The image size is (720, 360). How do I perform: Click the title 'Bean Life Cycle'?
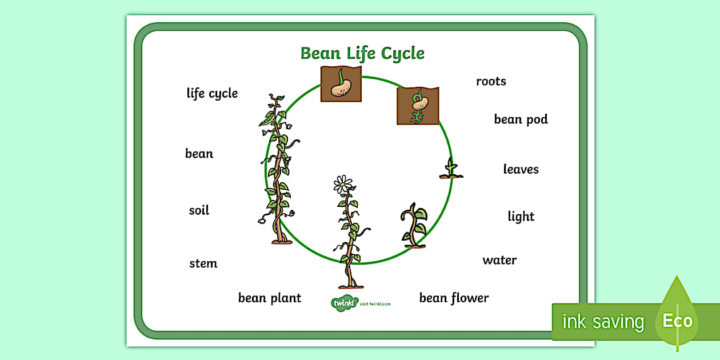point(362,54)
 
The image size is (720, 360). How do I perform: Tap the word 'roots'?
point(491,82)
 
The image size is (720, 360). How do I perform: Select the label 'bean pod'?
point(521,119)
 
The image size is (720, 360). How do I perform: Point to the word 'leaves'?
point(521,169)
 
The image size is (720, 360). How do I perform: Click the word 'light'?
point(521,217)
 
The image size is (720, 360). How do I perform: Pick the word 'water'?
point(499,261)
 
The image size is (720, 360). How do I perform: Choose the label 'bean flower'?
point(454,298)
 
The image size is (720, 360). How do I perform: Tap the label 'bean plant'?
point(269,298)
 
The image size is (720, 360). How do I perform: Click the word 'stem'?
point(203,263)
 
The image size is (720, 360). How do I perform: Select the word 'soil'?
point(199,210)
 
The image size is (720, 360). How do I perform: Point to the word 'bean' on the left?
point(199,154)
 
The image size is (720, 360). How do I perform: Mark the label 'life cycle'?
point(212,93)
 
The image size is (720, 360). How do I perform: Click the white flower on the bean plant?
point(343,184)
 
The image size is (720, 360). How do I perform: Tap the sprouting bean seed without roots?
point(341,84)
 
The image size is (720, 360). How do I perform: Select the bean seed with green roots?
point(418,106)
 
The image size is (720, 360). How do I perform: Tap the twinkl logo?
point(343,303)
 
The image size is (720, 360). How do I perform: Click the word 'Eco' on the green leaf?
point(678,321)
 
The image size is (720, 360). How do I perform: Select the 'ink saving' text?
point(603,322)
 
